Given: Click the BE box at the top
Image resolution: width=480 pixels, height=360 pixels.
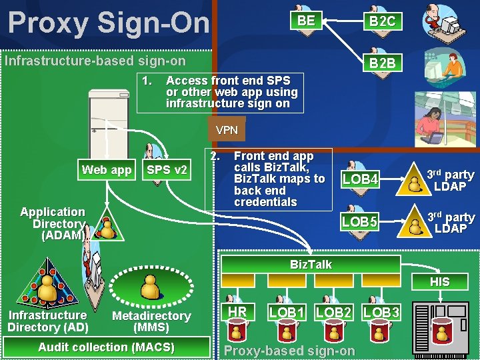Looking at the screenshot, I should (x=306, y=21).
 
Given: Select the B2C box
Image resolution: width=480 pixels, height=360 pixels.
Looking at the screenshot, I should (x=382, y=21).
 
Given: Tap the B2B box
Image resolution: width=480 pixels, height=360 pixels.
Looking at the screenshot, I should (x=382, y=63).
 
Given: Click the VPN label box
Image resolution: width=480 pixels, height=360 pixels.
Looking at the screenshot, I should (x=227, y=130).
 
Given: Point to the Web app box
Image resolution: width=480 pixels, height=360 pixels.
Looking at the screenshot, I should (x=107, y=170).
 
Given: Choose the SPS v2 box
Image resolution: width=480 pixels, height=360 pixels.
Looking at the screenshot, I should (x=167, y=170).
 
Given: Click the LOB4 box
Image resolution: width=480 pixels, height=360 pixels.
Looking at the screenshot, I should (x=361, y=179).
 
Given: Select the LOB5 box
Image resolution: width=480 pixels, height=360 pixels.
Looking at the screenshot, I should (x=361, y=221).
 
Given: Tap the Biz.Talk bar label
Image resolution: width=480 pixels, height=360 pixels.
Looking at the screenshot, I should (x=311, y=265).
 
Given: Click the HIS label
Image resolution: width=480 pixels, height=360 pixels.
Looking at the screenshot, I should (x=439, y=282).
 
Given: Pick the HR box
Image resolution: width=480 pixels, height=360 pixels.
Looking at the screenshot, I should (x=238, y=312).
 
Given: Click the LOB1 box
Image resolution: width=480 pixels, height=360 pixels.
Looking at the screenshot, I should (x=287, y=312).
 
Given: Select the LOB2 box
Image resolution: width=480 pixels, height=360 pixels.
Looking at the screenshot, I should (x=333, y=312).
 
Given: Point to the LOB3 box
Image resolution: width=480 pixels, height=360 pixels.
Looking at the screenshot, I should (x=382, y=312).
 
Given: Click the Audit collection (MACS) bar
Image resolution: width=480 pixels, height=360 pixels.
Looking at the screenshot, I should (x=107, y=347).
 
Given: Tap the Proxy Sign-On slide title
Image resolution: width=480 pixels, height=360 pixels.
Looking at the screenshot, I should (x=108, y=22).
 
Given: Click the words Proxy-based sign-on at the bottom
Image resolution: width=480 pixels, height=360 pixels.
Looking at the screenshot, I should (x=290, y=351).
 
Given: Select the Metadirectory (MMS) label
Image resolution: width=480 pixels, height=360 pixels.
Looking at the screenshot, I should (x=151, y=321).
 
